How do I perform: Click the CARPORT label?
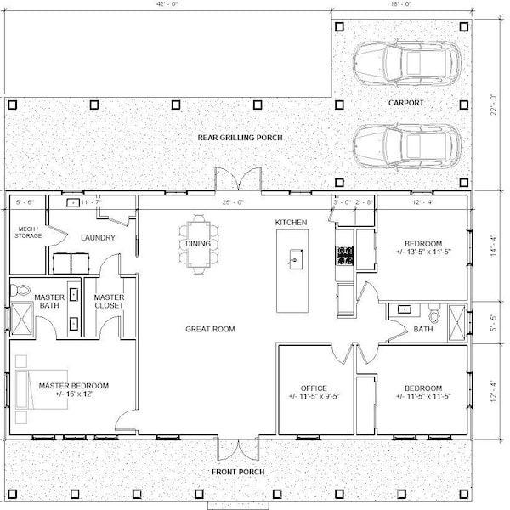(405, 103)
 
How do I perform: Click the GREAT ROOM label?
(211, 328)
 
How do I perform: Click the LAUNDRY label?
(98, 238)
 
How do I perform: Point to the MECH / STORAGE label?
(28, 232)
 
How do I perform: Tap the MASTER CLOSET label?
(110, 301)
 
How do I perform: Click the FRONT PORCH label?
(240, 472)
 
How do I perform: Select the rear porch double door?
(235, 180)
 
